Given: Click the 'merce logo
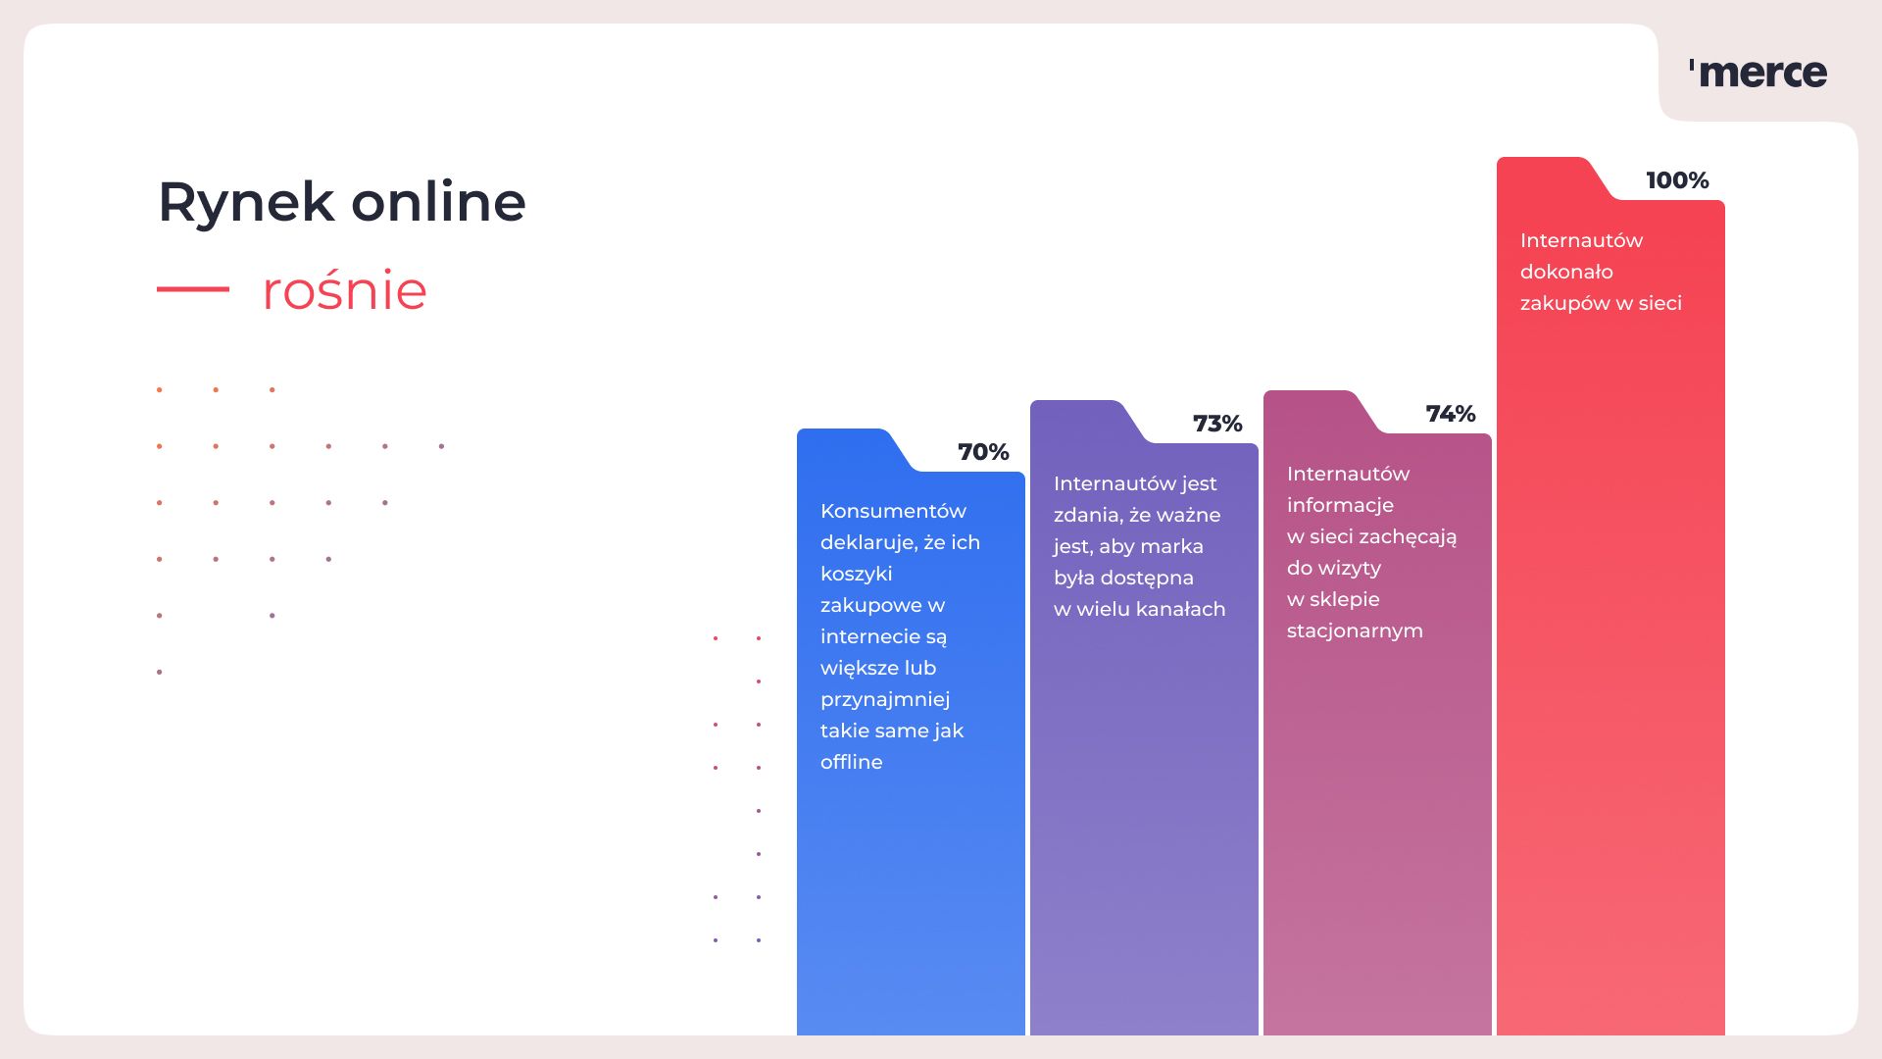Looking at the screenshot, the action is (x=1758, y=74).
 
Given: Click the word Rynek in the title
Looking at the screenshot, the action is (x=246, y=203).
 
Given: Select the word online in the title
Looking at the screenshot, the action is (x=438, y=201).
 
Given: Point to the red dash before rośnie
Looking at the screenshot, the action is (x=193, y=289).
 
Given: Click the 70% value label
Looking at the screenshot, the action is (x=983, y=452).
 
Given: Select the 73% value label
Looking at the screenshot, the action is (x=1217, y=424).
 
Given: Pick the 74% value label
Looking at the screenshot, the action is (x=1451, y=414).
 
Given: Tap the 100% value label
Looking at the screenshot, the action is (x=1677, y=180).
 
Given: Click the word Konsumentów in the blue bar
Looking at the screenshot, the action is (x=893, y=511).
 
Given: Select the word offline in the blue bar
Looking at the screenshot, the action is (x=852, y=762).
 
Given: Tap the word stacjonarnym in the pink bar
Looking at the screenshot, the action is (x=1355, y=631).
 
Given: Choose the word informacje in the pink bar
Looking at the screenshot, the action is (x=1340, y=506).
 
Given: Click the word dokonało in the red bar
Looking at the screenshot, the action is (x=1566, y=272).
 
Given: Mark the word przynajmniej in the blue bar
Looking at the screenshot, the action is (x=885, y=700).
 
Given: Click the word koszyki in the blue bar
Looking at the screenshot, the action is (x=857, y=575).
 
